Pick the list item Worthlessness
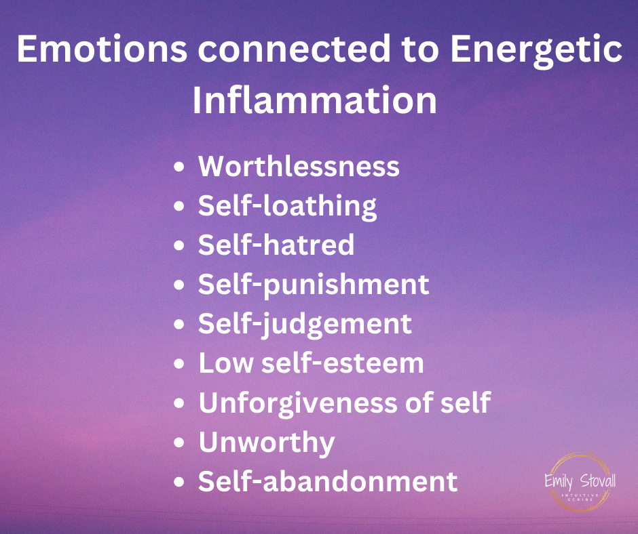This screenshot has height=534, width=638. (x=299, y=167)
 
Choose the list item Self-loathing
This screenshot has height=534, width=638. (x=287, y=206)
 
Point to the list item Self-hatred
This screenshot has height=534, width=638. (x=276, y=245)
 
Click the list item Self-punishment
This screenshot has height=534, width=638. (x=314, y=284)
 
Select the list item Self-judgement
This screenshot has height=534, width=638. (x=305, y=324)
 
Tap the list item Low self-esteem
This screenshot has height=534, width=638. (x=311, y=363)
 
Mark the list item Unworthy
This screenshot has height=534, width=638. (x=267, y=443)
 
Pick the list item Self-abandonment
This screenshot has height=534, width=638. (x=328, y=482)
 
